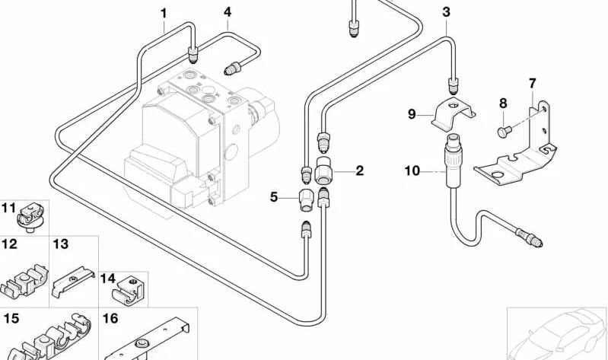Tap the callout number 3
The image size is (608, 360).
[x=446, y=11]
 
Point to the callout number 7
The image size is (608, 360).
[x=533, y=82]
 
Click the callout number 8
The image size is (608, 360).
[x=503, y=103]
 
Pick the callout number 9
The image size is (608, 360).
[x=412, y=114]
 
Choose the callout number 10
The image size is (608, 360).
[x=412, y=171]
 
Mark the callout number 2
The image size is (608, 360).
[x=359, y=170]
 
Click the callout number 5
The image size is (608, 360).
[x=274, y=197]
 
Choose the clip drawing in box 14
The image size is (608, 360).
[x=128, y=290]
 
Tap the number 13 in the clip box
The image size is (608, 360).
[x=60, y=244]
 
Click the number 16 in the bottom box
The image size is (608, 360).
[x=110, y=318]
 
